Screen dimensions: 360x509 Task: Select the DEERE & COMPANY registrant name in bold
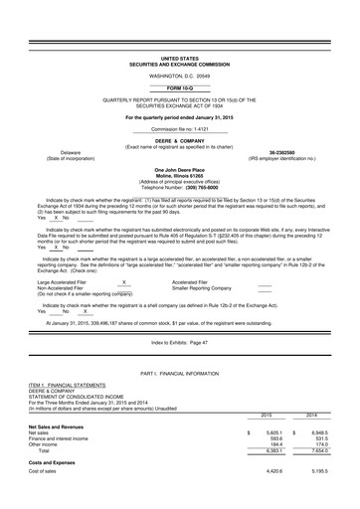click(x=179, y=141)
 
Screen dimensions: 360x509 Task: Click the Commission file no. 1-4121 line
click(x=179, y=129)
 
